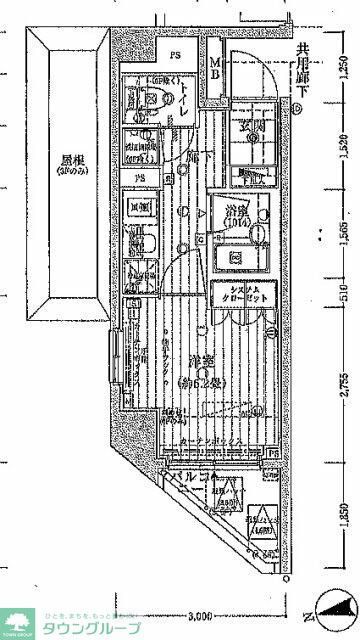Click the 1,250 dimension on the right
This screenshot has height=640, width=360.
pos(343,69)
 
